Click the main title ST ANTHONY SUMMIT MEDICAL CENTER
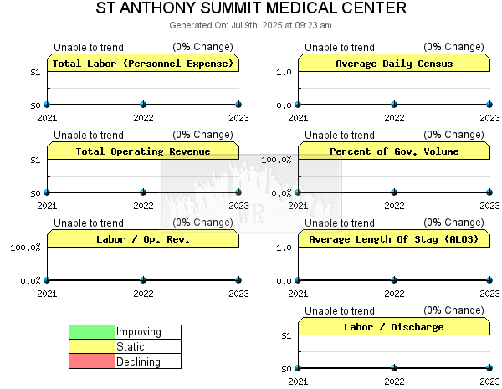click(251, 8)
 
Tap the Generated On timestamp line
click(250, 25)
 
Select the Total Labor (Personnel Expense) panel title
click(143, 64)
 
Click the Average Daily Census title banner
click(394, 64)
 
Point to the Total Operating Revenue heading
click(143, 151)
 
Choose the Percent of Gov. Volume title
click(394, 151)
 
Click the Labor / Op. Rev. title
click(143, 239)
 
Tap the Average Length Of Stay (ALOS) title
click(394, 239)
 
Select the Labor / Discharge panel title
click(394, 327)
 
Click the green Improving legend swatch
click(92, 332)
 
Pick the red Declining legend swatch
click(92, 361)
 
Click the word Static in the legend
click(131, 346)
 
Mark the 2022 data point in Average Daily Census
click(394, 105)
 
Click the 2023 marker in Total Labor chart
click(238, 105)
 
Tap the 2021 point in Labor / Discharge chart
click(298, 368)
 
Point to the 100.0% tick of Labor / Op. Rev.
click(25, 248)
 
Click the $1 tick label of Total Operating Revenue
click(35, 160)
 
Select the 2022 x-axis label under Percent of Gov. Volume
click(394, 206)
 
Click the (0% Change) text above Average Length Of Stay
click(453, 223)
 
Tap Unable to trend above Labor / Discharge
click(340, 311)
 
